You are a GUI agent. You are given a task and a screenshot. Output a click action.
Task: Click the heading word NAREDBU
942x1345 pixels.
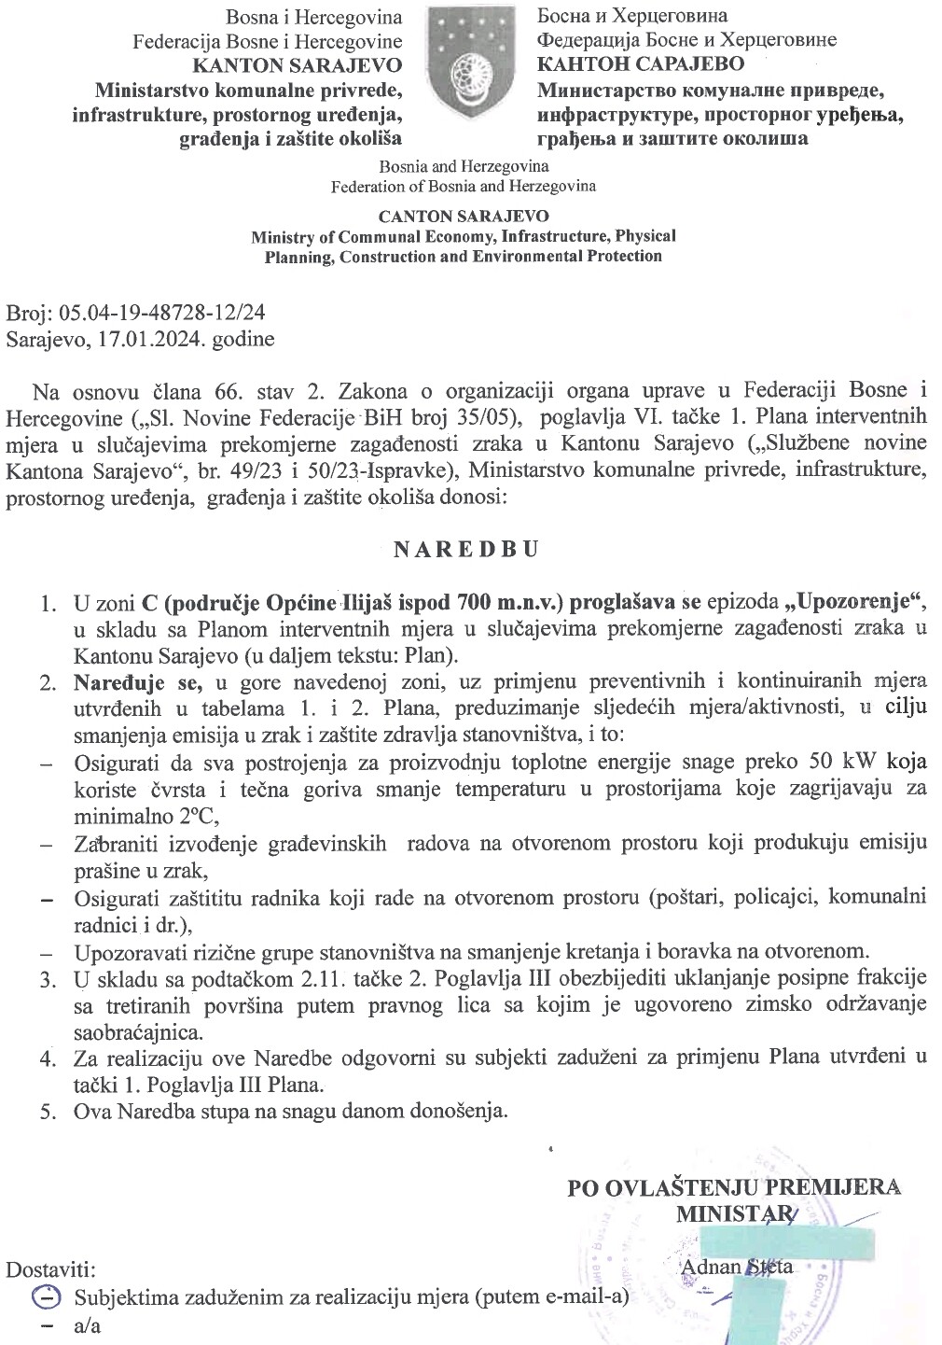coord(466,549)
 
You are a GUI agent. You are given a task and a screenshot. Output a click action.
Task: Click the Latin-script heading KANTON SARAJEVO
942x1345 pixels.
coord(297,65)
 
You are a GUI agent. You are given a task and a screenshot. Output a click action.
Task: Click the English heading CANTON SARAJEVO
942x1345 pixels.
coord(464,216)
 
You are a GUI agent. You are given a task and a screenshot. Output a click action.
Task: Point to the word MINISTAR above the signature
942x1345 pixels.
coord(735,1213)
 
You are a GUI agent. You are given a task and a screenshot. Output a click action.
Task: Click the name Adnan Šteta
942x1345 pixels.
coord(737,1267)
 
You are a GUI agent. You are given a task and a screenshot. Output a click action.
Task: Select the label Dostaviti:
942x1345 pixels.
coord(50,1270)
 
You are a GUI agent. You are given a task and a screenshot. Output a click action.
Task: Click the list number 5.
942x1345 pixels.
coord(47,1112)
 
